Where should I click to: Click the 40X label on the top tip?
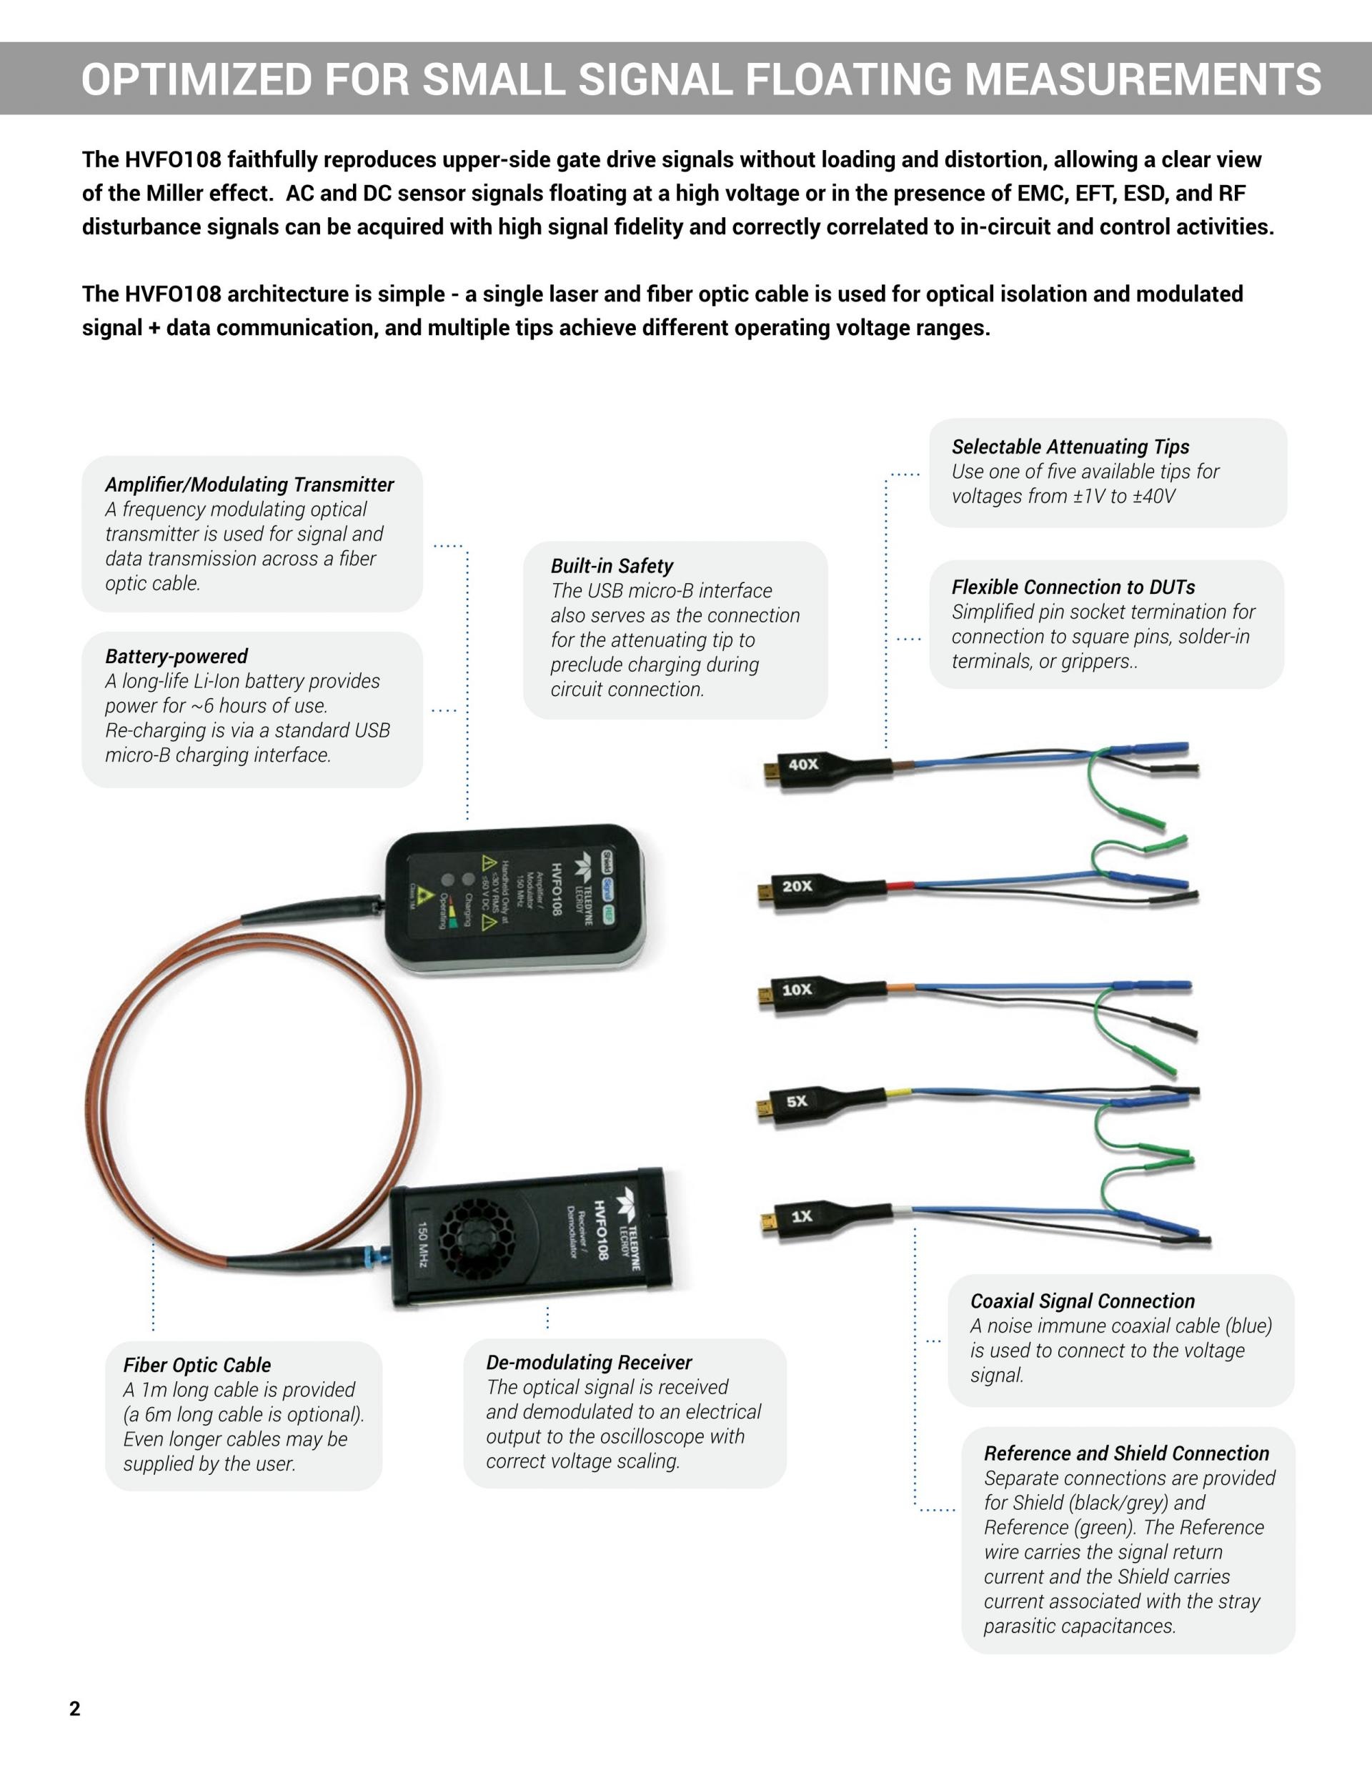pos(803,764)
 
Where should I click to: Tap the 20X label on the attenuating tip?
pos(797,886)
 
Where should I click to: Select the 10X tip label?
pos(797,989)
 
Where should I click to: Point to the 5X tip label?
pos(797,1101)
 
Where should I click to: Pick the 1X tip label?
pos(802,1215)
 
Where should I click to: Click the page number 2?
pos(75,1709)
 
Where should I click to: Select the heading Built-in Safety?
pos(612,567)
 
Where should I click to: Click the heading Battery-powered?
pos(177,657)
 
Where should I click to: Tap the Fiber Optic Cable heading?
pos(197,1366)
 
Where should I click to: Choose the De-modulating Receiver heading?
pos(590,1362)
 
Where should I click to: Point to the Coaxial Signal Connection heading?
pos(1083,1301)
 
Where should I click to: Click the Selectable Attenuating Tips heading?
pos(1070,447)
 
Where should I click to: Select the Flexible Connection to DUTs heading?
pos(1073,587)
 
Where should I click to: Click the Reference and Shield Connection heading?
pos(1126,1453)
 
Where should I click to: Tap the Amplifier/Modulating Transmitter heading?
pos(249,485)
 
